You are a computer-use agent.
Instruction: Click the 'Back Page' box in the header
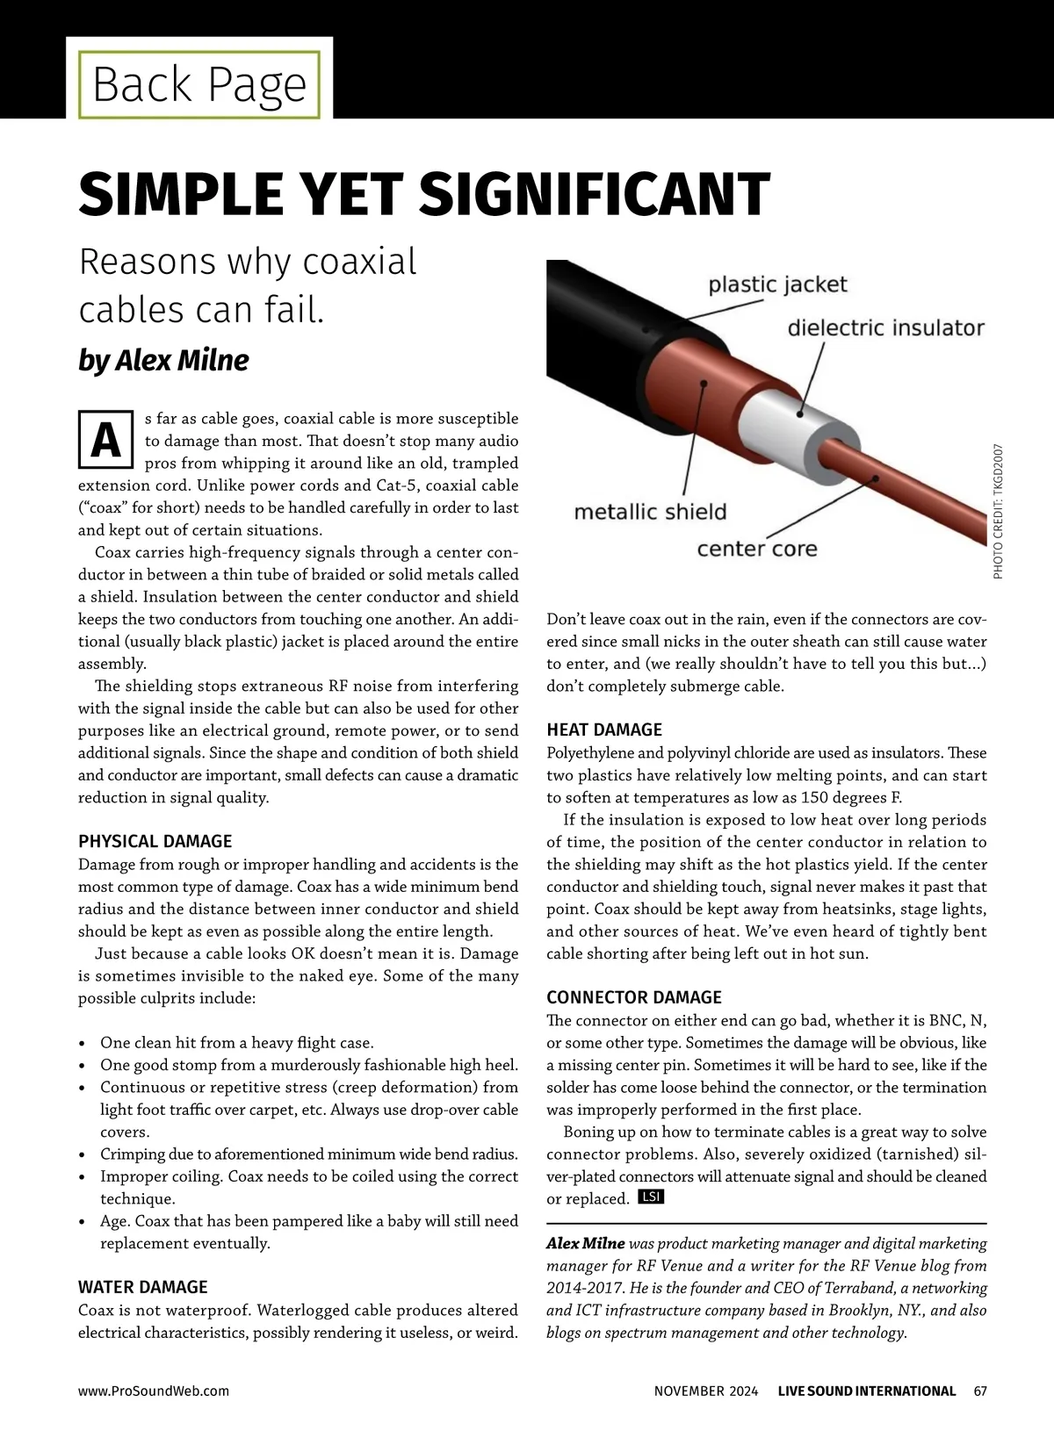pyautogui.click(x=199, y=84)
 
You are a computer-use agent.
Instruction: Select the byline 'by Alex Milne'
pyautogui.click(x=163, y=360)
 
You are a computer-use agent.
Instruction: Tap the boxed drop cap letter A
pyautogui.click(x=106, y=441)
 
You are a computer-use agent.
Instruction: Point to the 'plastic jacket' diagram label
pyautogui.click(x=777, y=284)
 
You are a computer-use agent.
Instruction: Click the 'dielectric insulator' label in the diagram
pyautogui.click(x=885, y=328)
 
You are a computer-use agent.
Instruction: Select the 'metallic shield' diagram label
pyautogui.click(x=650, y=512)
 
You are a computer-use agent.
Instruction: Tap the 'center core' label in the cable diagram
pyautogui.click(x=756, y=550)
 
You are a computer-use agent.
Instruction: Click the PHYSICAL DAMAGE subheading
pyautogui.click(x=155, y=841)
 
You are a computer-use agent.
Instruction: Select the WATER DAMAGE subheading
pyautogui.click(x=143, y=1287)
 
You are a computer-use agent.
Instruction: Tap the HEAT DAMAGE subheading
pyautogui.click(x=604, y=730)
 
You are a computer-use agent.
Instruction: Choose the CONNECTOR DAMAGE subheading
pyautogui.click(x=634, y=997)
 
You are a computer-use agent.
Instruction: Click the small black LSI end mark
pyautogui.click(x=651, y=1197)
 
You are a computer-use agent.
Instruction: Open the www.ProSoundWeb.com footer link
pyautogui.click(x=154, y=1391)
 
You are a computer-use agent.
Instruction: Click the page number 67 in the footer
pyautogui.click(x=980, y=1391)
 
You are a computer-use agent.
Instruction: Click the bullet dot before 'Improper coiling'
pyautogui.click(x=82, y=1177)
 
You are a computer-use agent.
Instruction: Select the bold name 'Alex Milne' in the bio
pyautogui.click(x=586, y=1243)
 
